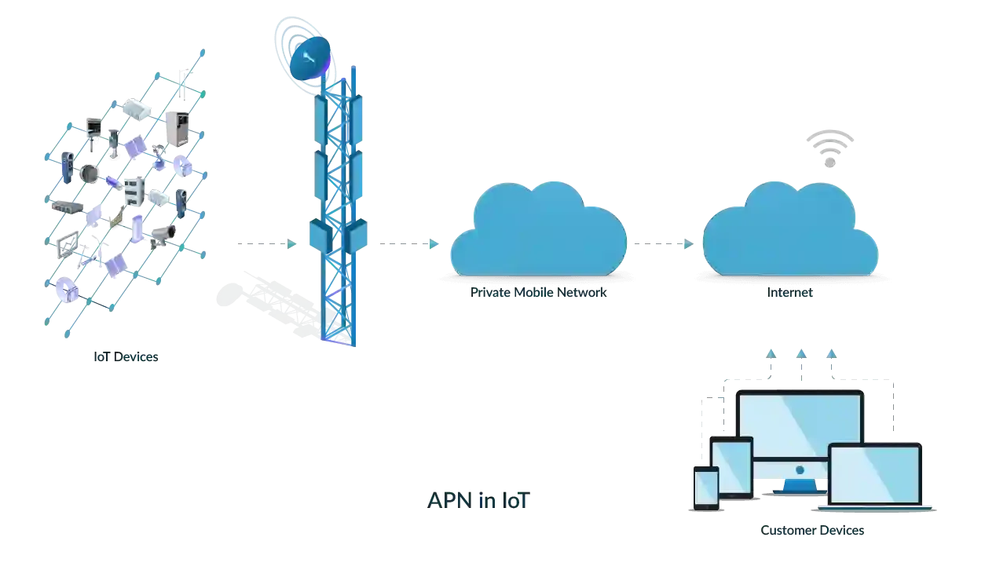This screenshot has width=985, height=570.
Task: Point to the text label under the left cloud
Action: pyautogui.click(x=540, y=293)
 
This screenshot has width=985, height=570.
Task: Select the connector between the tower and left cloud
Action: pyautogui.click(x=406, y=243)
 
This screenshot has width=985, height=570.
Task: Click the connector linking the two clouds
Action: pyautogui.click(x=665, y=243)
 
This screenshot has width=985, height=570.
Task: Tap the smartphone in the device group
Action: pyautogui.click(x=705, y=487)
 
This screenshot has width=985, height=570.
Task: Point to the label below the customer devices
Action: pyautogui.click(x=813, y=532)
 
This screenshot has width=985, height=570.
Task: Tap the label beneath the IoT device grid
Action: pyautogui.click(x=128, y=356)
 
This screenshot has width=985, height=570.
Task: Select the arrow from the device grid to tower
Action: pyautogui.click(x=263, y=243)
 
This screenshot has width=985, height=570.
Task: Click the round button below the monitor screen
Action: pyautogui.click(x=800, y=470)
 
